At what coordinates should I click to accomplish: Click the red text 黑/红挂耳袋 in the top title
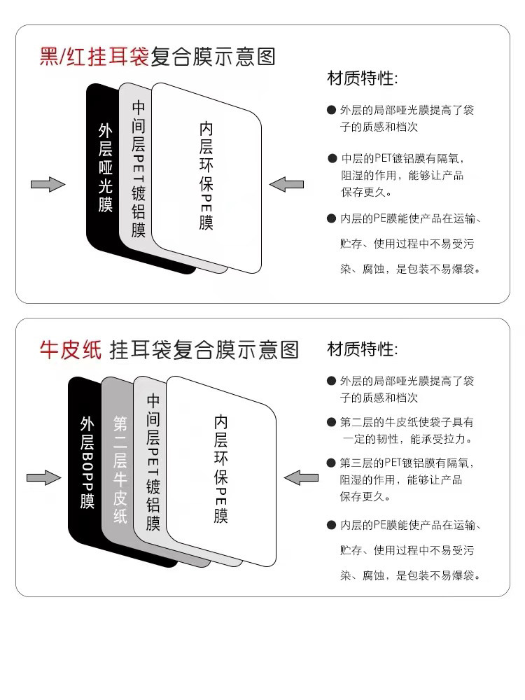coord(94,56)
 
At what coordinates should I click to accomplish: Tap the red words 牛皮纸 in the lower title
coord(71,349)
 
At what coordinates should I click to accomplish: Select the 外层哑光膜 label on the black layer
coord(106,168)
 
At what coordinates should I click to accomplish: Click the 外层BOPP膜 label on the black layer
coord(87,462)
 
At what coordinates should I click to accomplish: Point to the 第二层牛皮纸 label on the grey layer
coord(120,469)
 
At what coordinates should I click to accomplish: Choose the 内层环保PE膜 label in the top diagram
coord(206,176)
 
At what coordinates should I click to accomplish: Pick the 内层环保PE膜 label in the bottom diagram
coord(221,469)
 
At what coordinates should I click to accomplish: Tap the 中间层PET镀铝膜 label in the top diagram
coord(139,169)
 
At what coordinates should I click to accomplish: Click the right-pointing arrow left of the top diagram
coord(48,184)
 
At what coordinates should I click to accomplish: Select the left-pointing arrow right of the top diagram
coord(286,184)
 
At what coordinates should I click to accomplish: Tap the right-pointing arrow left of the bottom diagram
coord(44,478)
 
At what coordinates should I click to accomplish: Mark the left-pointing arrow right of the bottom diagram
coord(301,478)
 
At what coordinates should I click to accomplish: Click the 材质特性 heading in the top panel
coord(362,78)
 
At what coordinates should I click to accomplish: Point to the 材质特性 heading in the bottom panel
coord(362,349)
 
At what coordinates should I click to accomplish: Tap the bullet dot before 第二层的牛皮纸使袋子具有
coord(332,423)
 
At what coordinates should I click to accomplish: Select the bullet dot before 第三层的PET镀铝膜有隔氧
coord(332,463)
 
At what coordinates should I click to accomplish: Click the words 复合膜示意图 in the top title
coord(213,56)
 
